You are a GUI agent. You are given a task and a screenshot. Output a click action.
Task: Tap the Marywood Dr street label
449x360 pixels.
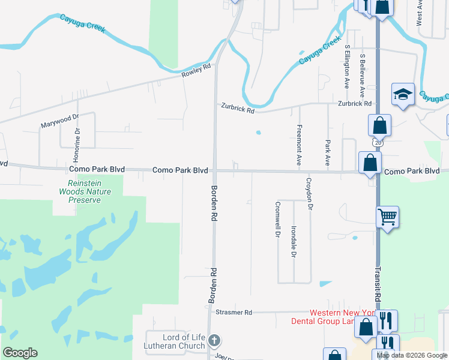point(60,121)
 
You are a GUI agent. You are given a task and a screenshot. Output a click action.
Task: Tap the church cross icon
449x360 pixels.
point(214,341)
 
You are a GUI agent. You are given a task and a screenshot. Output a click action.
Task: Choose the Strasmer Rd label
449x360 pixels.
point(234,313)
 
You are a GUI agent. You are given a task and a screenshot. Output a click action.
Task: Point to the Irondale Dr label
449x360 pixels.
point(294,242)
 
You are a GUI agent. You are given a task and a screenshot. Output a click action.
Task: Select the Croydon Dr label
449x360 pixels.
point(310,194)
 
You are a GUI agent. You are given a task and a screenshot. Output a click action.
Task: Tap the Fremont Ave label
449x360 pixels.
point(298,145)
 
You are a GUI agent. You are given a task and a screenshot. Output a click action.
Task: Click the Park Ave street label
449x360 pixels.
point(328,154)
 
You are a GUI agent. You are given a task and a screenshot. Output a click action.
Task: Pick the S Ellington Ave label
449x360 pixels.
point(347,67)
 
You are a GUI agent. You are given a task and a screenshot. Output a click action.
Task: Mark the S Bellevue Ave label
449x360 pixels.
point(362,76)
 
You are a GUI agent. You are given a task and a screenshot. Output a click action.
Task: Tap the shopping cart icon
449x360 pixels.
point(387,217)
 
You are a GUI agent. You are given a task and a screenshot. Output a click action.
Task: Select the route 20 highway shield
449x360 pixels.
point(376,143)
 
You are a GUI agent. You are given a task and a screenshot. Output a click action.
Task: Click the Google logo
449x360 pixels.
point(20,353)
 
